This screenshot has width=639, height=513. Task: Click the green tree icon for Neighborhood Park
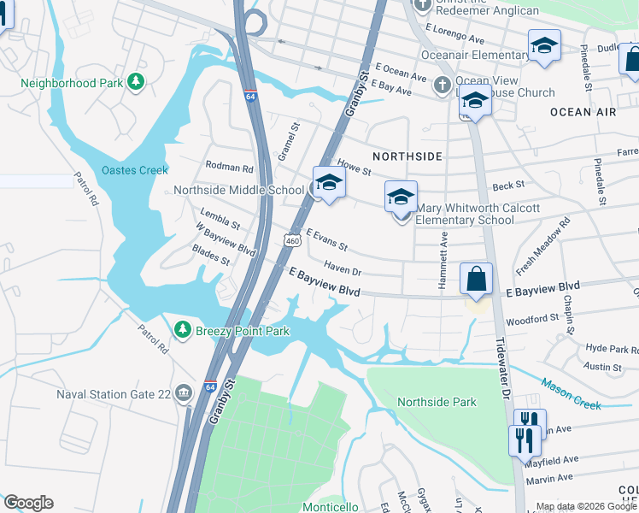[136, 83]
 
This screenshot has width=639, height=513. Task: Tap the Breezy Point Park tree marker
[181, 329]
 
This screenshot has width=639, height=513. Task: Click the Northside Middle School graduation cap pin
[329, 182]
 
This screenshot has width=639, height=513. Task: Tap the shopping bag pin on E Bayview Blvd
[476, 279]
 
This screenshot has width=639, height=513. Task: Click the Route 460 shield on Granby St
[292, 242]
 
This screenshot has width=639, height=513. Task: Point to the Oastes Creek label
[135, 170]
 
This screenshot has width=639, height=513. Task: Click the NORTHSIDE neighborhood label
[407, 156]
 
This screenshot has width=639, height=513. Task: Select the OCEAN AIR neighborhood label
[583, 112]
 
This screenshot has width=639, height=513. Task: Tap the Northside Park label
[437, 402]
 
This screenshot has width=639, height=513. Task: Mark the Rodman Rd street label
[230, 168]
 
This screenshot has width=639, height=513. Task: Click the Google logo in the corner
[28, 503]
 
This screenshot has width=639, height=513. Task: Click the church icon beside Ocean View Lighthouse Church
[442, 84]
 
